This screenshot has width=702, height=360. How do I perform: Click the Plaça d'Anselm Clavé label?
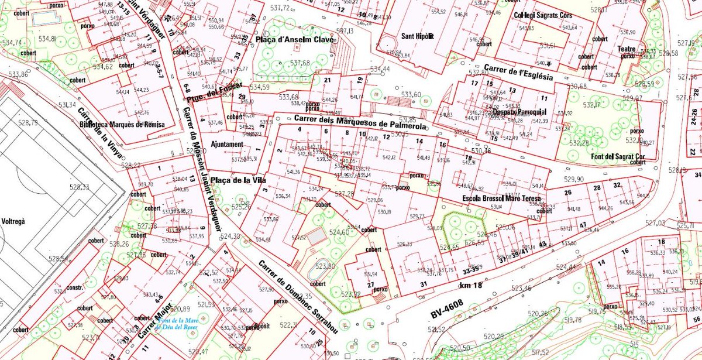point(295,40)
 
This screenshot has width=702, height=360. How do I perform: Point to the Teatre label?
point(627,49)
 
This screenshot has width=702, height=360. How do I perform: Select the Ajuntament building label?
point(227,144)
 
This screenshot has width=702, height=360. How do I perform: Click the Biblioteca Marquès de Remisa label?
point(122,125)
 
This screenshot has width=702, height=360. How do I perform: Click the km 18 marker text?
point(471,285)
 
